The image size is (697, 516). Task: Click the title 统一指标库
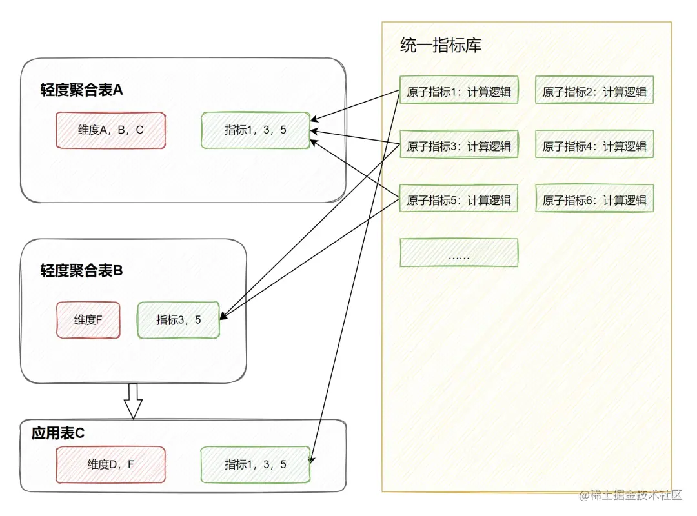[440, 45]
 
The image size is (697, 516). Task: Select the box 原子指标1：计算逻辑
[459, 91]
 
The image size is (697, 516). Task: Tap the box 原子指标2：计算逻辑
[594, 91]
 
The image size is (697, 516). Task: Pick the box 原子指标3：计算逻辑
[459, 145]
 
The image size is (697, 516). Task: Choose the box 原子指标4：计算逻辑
[594, 145]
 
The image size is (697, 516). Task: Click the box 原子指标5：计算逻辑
[459, 199]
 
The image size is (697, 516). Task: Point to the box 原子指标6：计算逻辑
[594, 199]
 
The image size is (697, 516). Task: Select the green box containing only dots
[459, 253]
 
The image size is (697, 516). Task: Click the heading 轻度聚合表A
[81, 90]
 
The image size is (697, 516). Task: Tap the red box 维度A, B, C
[111, 130]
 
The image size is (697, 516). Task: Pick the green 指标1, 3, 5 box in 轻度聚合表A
[256, 130]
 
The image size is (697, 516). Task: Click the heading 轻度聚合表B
[81, 270]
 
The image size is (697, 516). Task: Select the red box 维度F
[88, 320]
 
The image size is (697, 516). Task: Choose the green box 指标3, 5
[179, 320]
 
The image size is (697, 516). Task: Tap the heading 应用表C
[58, 433]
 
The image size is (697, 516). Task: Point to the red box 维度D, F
[111, 464]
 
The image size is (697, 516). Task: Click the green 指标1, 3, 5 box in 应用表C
[256, 464]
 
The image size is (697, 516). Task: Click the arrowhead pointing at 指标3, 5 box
[223, 316]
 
